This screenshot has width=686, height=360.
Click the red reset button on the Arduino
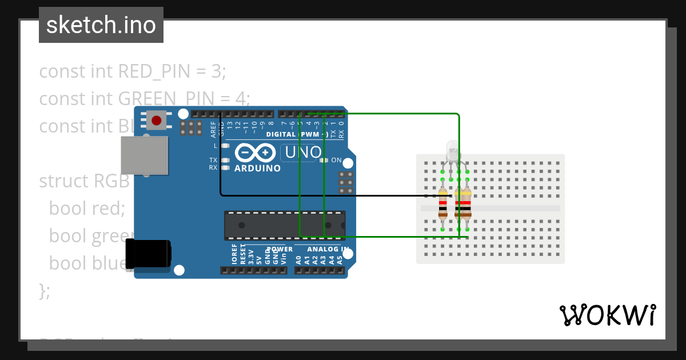point(157,120)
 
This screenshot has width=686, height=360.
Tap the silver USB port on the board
point(145,155)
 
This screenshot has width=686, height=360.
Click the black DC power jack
point(148,254)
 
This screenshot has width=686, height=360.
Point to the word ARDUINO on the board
point(258,169)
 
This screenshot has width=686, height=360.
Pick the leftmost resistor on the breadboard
point(443,205)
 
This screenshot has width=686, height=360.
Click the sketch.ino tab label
point(101,25)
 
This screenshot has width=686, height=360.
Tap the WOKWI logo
point(607,315)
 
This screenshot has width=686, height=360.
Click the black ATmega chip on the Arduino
point(285,225)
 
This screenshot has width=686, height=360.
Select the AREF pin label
point(214,130)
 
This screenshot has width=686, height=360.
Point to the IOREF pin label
point(234,255)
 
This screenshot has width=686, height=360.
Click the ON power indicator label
point(336,160)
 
